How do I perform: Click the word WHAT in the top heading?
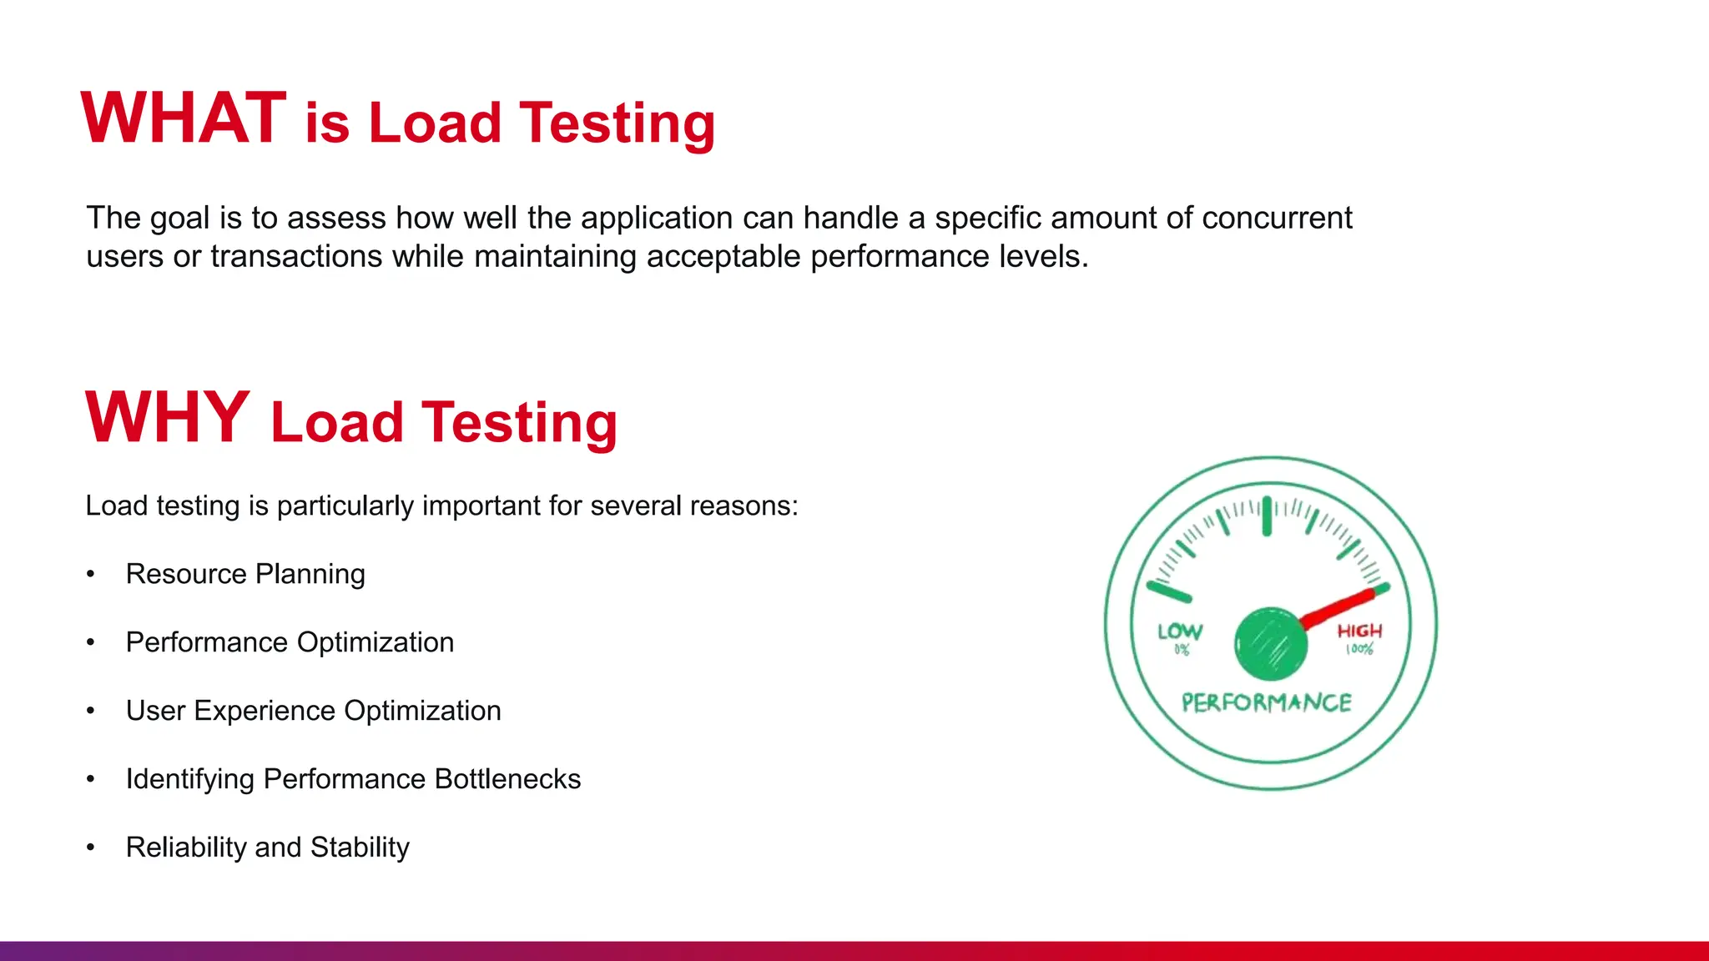tap(184, 118)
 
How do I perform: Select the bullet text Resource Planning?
tap(245, 574)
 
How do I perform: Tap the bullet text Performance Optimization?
tap(290, 642)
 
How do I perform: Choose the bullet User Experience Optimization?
tap(313, 711)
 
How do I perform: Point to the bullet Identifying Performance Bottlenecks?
tap(353, 779)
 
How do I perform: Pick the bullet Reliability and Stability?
tap(267, 848)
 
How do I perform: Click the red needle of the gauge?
tap(1338, 608)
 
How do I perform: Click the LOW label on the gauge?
tap(1180, 631)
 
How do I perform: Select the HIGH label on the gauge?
tap(1359, 631)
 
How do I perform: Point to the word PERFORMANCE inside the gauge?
tap(1267, 703)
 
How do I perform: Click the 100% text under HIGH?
tap(1359, 650)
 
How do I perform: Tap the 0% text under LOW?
tap(1182, 650)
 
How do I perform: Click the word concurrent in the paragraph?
tap(1277, 219)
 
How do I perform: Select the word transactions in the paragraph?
tap(295, 257)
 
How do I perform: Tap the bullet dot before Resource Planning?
tap(91, 574)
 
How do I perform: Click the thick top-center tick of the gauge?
tap(1267, 516)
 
